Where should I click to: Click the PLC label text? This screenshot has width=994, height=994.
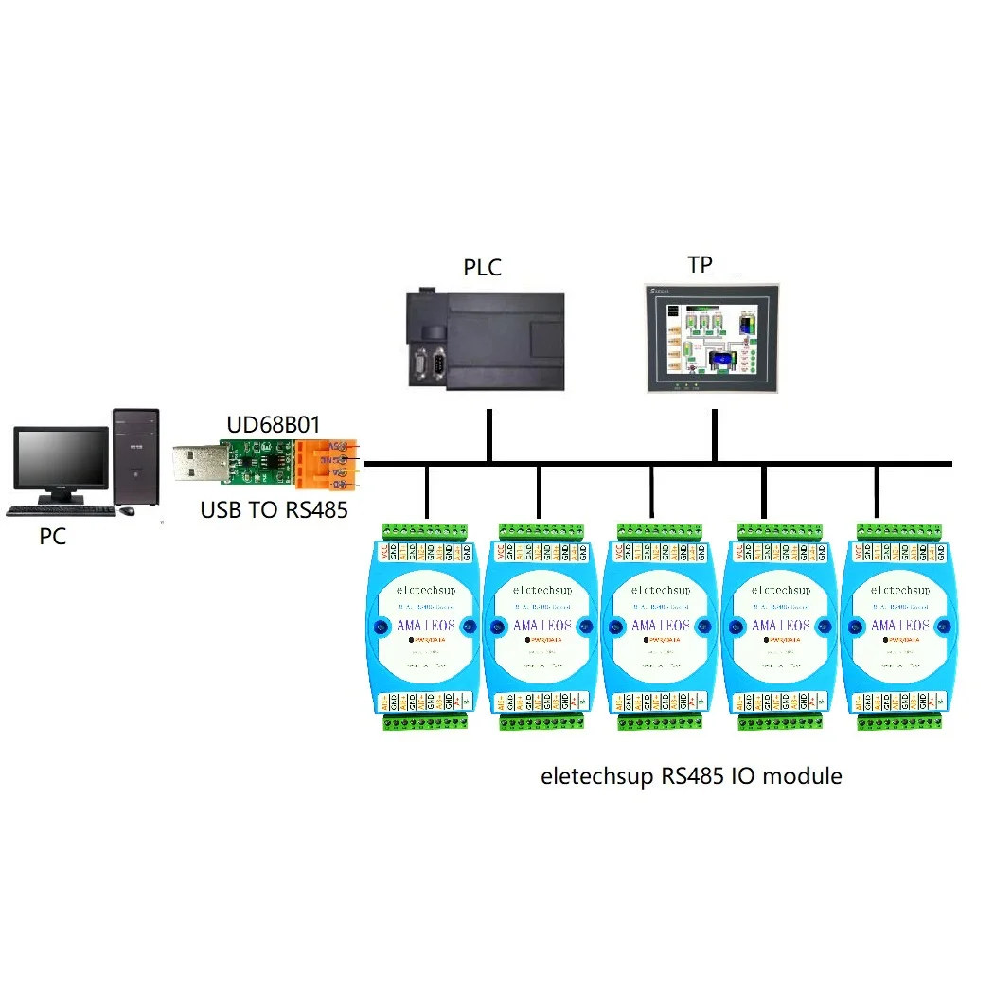(x=482, y=267)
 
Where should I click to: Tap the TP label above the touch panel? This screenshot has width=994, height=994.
(x=700, y=264)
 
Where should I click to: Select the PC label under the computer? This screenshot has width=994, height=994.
(x=53, y=536)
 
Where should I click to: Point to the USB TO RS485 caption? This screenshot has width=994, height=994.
(x=275, y=510)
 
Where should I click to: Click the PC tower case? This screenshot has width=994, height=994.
(x=135, y=457)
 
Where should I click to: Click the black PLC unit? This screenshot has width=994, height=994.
(x=486, y=340)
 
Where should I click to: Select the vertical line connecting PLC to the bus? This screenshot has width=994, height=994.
(x=488, y=436)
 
